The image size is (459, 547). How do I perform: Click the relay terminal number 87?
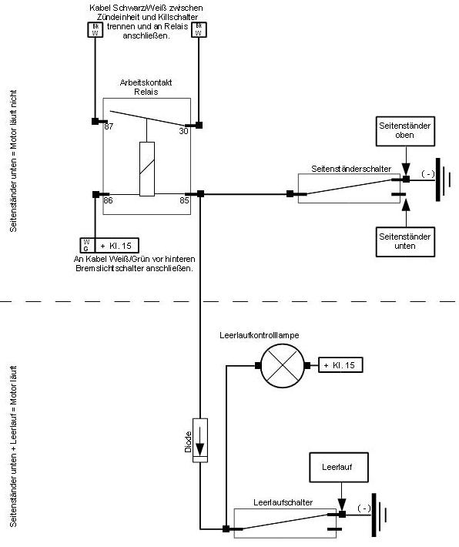click(109, 126)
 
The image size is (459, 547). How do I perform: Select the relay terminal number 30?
click(183, 131)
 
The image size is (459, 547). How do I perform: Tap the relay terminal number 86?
click(108, 200)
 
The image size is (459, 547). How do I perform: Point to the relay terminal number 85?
click(184, 200)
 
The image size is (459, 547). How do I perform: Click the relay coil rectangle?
click(147, 169)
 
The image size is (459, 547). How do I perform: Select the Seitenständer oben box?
click(405, 131)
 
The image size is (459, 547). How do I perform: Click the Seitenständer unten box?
click(405, 242)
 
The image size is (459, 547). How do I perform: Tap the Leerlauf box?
click(339, 468)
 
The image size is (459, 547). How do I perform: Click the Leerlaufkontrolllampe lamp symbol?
click(283, 366)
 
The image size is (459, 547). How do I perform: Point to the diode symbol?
click(200, 440)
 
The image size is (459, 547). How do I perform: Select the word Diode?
click(189, 442)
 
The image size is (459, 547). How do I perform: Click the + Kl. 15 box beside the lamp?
click(340, 365)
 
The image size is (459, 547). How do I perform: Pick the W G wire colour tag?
click(86, 245)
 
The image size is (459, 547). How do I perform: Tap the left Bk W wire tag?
click(95, 29)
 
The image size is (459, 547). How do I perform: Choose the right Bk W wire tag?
click(199, 29)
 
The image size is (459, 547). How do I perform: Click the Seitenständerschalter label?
click(351, 169)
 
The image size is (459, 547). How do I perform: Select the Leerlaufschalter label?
click(283, 502)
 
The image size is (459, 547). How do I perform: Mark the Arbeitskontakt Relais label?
click(146, 87)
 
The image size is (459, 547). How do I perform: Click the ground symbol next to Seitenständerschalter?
click(444, 180)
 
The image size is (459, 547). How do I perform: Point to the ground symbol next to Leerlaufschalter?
click(380, 515)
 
